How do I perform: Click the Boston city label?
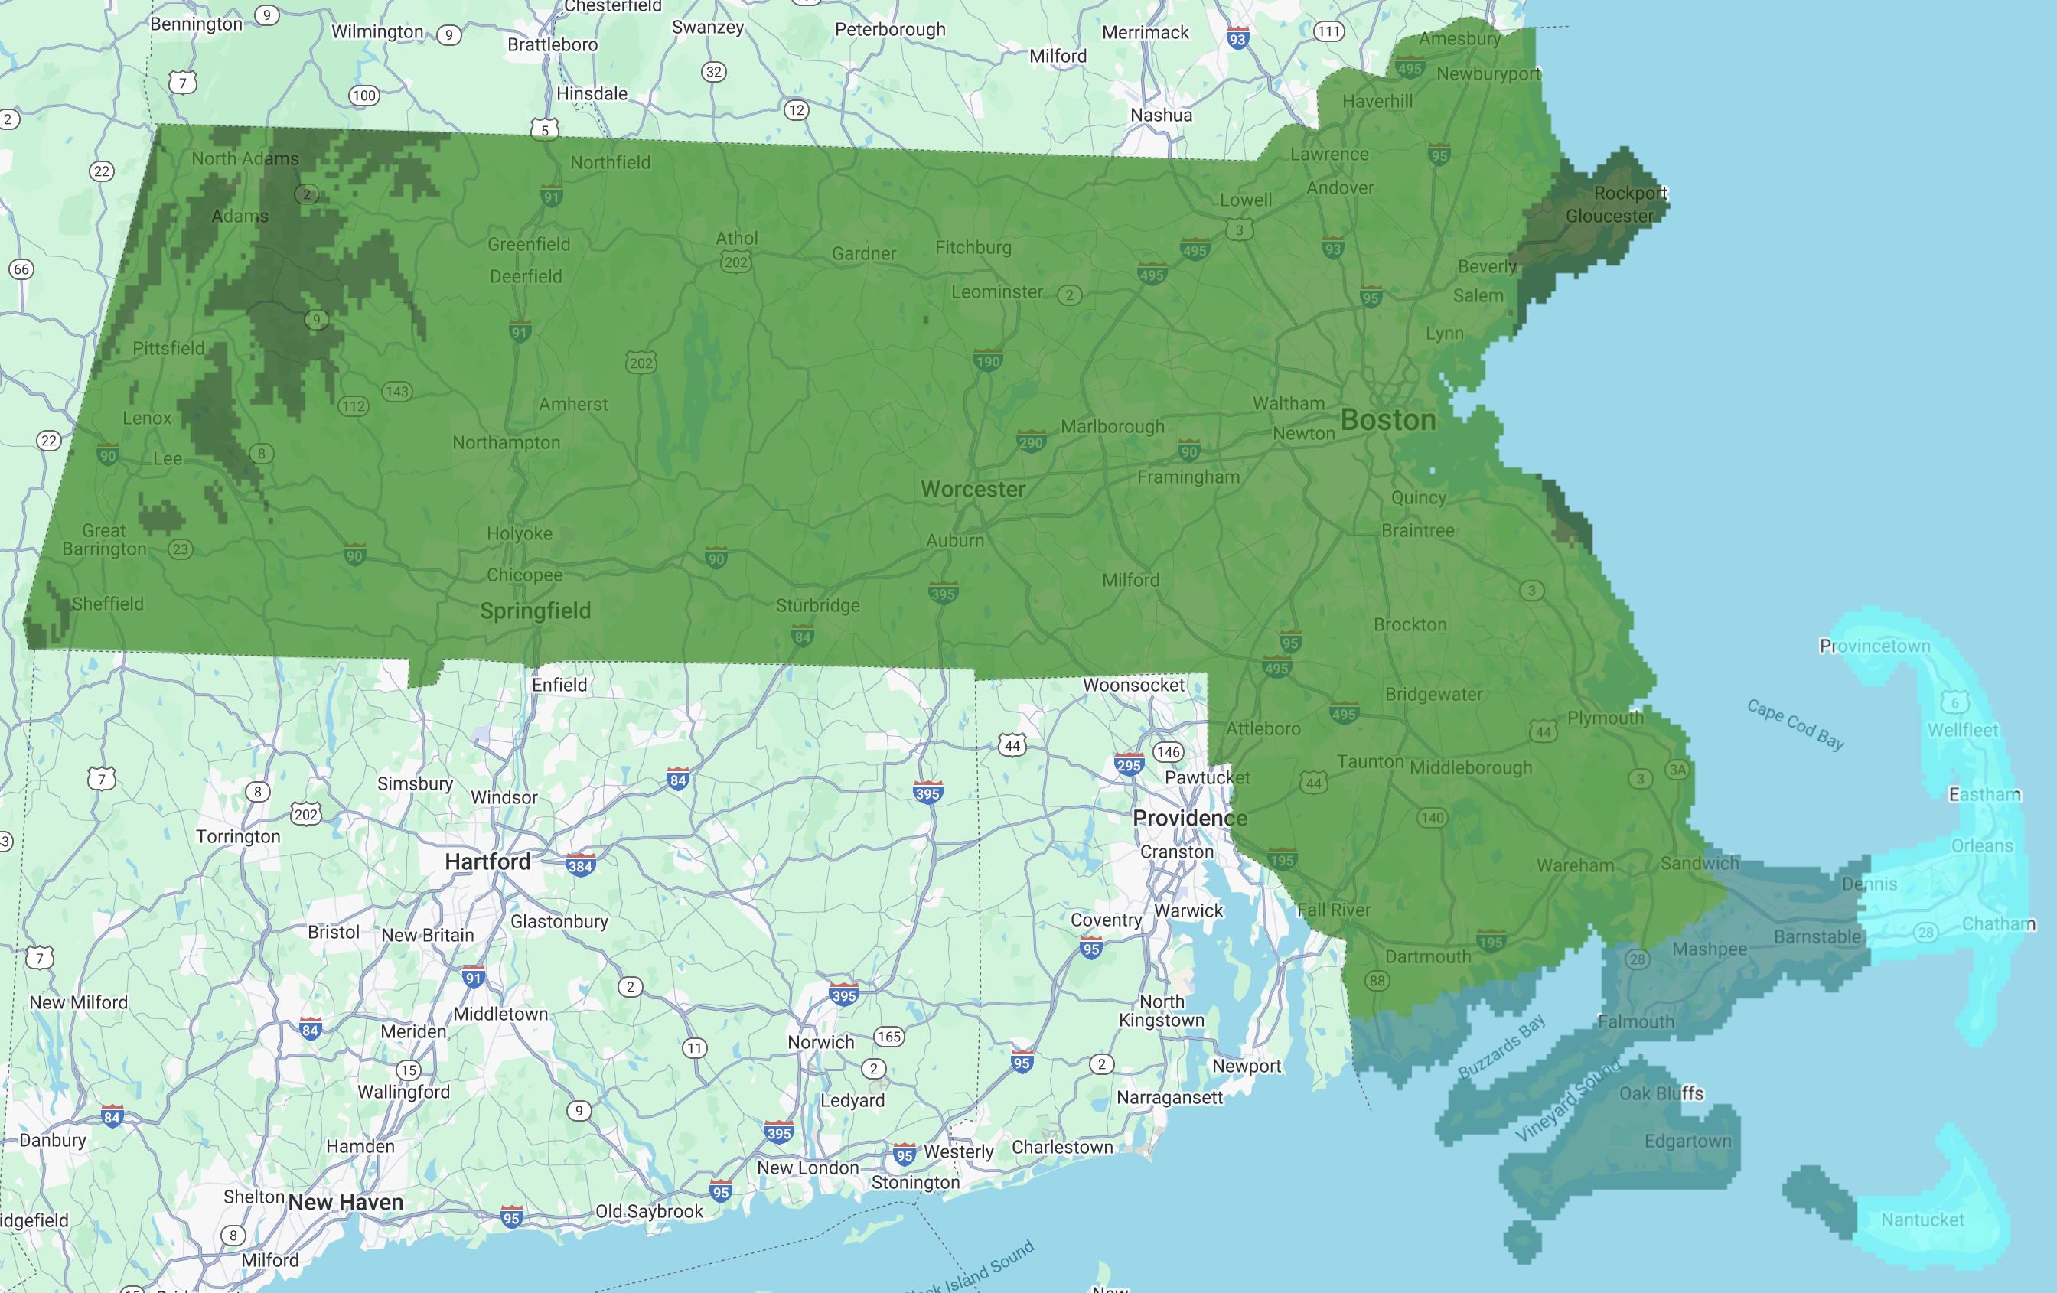click(x=1387, y=420)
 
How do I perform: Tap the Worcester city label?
click(x=972, y=490)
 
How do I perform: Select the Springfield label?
click(x=535, y=611)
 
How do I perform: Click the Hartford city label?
click(x=487, y=861)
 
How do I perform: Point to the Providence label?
click(x=1189, y=818)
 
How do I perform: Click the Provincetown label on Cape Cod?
click(x=1874, y=646)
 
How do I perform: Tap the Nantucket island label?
click(x=1922, y=1220)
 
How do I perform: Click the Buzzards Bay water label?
click(x=1501, y=1046)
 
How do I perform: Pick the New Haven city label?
click(x=345, y=1203)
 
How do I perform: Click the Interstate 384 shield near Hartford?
click(x=580, y=866)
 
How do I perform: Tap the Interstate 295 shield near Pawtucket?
click(x=1129, y=764)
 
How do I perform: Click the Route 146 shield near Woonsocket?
click(x=1168, y=752)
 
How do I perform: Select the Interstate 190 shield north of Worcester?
click(x=987, y=360)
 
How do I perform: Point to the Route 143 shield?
click(x=397, y=391)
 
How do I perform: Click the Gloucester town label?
click(x=1609, y=216)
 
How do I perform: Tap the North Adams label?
click(x=245, y=159)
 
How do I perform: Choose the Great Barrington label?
click(x=104, y=539)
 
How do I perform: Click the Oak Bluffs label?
click(x=1661, y=1093)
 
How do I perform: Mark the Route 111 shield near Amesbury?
click(x=1328, y=31)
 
